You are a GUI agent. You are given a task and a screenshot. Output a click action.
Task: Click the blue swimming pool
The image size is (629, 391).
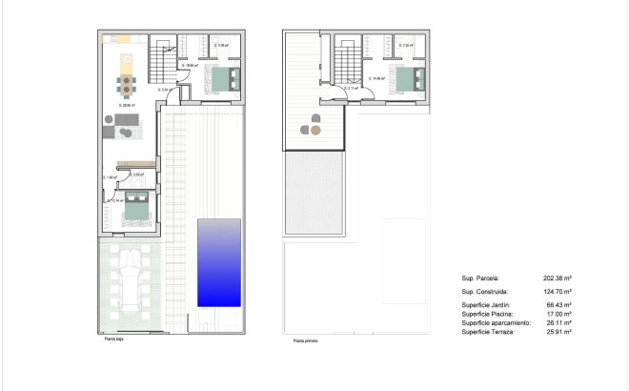(219, 262)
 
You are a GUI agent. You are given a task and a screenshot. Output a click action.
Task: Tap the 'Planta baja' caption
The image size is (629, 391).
(113, 339)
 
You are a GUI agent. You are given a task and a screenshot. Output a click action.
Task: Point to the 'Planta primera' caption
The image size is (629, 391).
(306, 340)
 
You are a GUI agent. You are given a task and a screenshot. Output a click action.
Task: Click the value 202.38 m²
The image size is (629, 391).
(558, 278)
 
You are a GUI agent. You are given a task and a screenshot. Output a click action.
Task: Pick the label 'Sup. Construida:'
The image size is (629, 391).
(484, 291)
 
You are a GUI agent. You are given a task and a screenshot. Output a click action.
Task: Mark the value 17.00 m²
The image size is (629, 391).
(559, 314)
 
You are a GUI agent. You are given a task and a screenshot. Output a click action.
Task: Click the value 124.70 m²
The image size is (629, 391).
(558, 291)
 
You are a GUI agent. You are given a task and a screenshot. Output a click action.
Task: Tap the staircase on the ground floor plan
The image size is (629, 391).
(165, 61)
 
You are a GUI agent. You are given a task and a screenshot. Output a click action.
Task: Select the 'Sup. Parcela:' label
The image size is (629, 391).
(481, 278)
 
